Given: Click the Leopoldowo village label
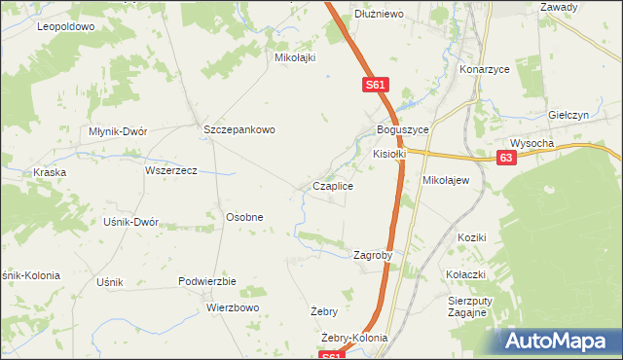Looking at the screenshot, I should pyautogui.click(x=66, y=26).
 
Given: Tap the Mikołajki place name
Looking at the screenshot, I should pyautogui.click(x=296, y=57).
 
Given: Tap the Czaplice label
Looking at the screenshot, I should pyautogui.click(x=332, y=185).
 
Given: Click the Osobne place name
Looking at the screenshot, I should pyautogui.click(x=244, y=217).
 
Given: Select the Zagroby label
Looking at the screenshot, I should pyautogui.click(x=372, y=255).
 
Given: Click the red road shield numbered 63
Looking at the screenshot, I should pyautogui.click(x=505, y=159).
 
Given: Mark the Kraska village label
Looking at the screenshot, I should pyautogui.click(x=49, y=172).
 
